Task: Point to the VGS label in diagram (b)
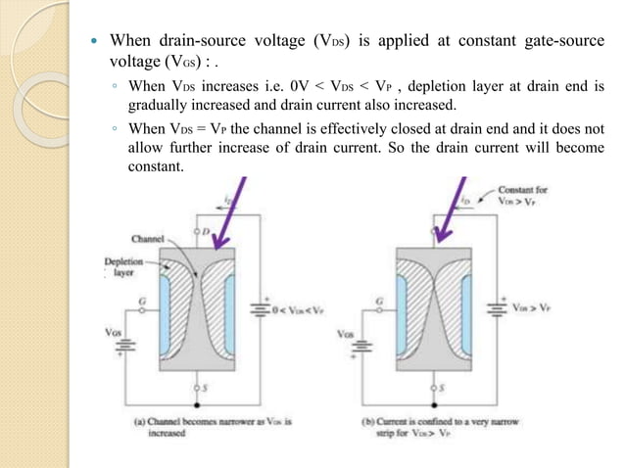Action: [x=345, y=334]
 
